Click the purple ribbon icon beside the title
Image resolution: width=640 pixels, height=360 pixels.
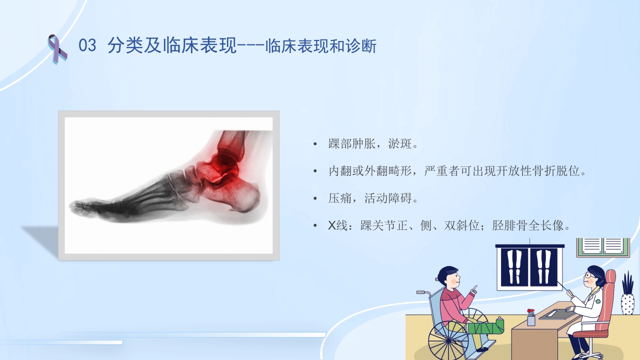pos(56,48)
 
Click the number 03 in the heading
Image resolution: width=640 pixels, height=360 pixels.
pos(87,46)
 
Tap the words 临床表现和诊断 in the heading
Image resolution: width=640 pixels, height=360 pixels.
pos(321,46)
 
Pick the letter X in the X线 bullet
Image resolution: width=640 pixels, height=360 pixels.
pos(332,226)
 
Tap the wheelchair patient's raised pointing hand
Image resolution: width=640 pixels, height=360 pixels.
pos(473,289)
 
